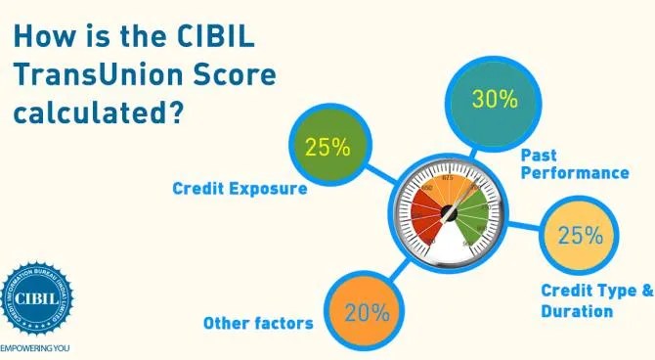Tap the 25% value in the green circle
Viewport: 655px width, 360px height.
tap(327, 148)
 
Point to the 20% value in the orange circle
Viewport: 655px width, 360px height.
tap(367, 313)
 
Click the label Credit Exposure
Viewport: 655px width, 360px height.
tap(240, 188)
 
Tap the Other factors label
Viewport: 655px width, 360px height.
tap(258, 323)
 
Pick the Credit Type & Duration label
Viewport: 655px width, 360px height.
tap(595, 300)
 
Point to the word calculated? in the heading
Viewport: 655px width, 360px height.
tap(98, 111)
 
